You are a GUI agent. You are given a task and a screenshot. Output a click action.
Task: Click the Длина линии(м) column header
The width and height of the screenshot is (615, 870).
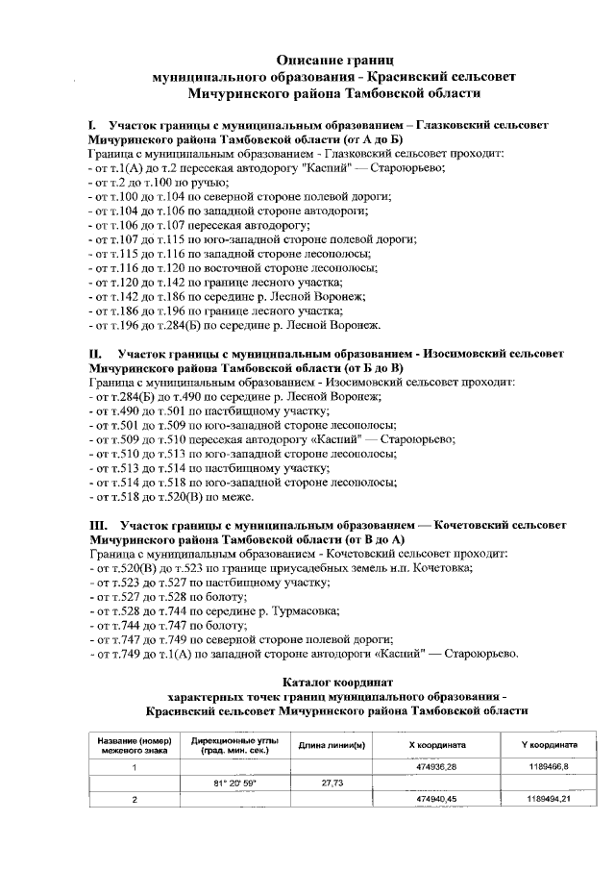click(330, 745)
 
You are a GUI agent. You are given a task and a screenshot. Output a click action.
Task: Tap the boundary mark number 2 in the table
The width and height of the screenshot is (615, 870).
click(135, 799)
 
